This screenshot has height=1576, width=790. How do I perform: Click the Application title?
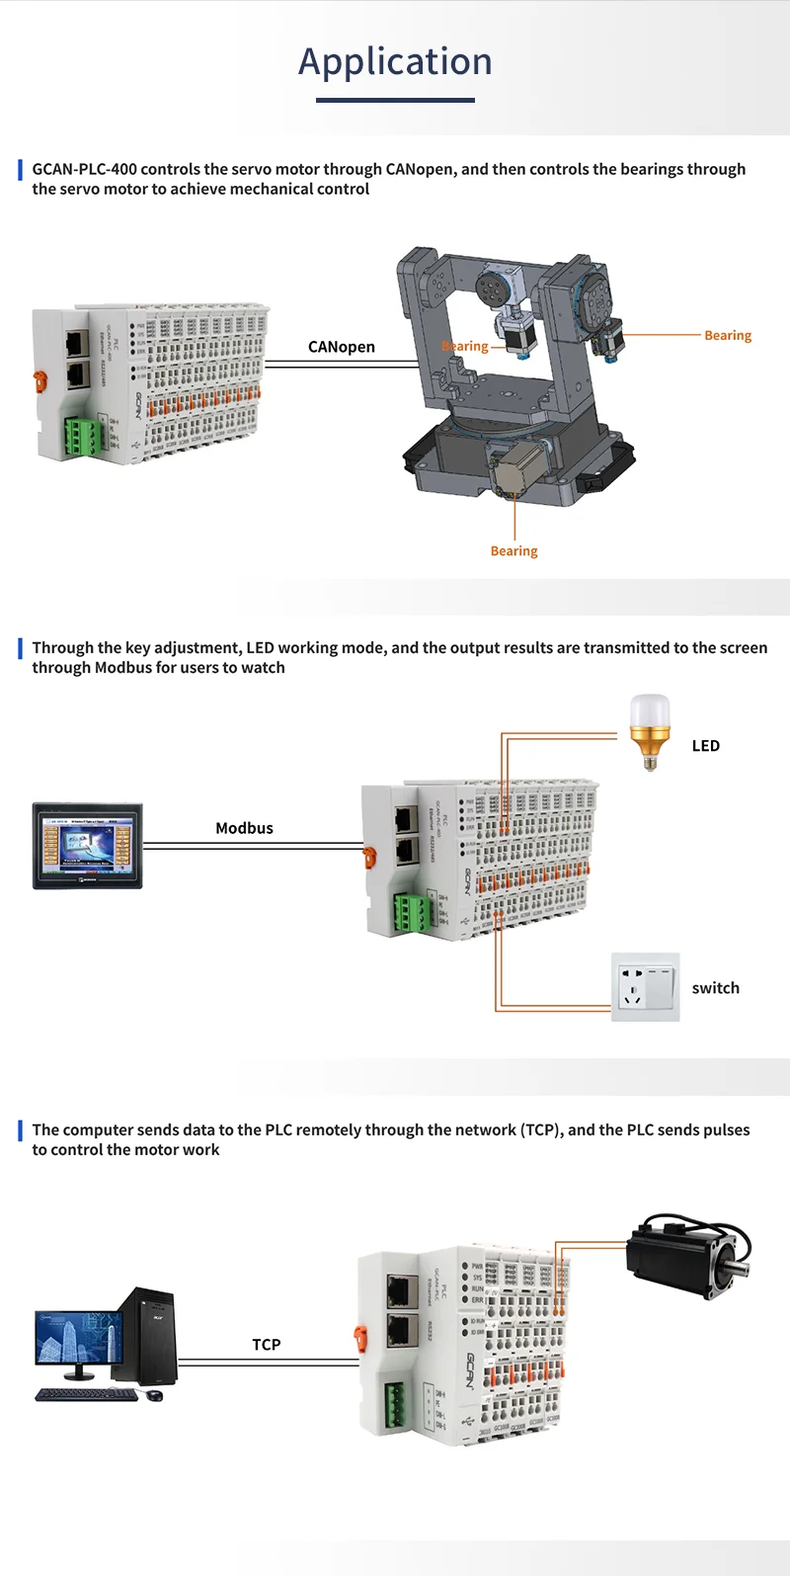(395, 61)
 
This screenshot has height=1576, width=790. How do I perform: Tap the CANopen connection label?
(342, 347)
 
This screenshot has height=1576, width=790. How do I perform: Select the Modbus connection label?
(244, 828)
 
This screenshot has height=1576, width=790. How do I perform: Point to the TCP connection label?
(267, 1344)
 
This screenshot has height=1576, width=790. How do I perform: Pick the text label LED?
(705, 746)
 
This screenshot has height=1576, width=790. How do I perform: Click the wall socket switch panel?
(646, 986)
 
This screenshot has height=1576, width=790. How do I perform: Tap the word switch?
(715, 988)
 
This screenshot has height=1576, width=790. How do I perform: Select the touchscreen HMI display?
(88, 846)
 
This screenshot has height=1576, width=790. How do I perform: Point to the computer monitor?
(80, 1339)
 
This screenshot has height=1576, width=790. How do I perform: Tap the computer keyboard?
(87, 1395)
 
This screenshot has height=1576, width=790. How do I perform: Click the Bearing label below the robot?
(513, 551)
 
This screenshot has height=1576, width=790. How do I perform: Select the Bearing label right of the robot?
(728, 336)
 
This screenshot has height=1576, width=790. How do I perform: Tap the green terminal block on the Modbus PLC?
(414, 912)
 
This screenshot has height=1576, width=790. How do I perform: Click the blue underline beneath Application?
(395, 100)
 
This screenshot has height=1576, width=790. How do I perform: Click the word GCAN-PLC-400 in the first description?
(85, 169)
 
